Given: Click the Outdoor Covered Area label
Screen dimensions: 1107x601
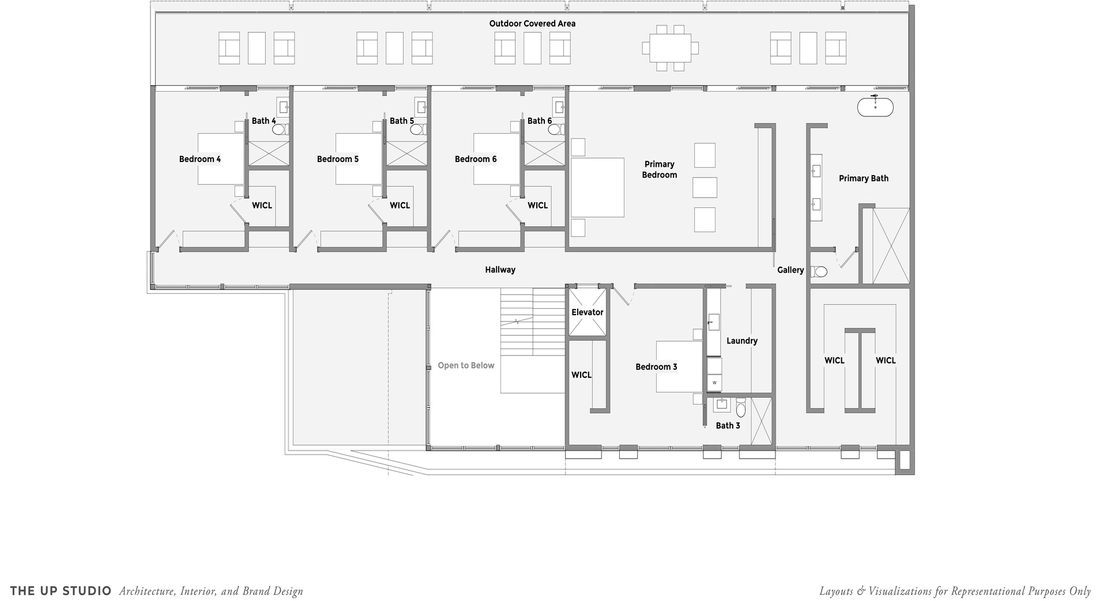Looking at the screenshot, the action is (532, 24).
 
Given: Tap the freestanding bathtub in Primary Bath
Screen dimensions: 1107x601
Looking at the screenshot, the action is (875, 107).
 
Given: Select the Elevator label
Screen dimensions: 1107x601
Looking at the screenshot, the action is (588, 312).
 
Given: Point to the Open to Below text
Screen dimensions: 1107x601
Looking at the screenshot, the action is (466, 365).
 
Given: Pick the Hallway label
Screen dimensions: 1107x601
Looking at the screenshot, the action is (500, 270).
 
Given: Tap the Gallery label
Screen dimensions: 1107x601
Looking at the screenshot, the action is (790, 270).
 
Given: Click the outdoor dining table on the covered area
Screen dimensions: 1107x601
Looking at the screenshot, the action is (670, 48).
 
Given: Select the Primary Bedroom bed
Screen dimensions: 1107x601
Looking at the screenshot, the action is (597, 187).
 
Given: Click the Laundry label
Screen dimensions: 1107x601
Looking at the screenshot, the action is (742, 341).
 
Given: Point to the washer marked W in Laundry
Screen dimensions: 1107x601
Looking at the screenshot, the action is (714, 382).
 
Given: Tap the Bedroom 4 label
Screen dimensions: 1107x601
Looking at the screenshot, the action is (200, 159).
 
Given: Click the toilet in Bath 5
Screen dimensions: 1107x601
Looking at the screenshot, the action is (417, 130).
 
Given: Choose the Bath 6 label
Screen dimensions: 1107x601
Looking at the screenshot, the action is (540, 121).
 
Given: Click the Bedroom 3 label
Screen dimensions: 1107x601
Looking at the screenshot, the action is (656, 366).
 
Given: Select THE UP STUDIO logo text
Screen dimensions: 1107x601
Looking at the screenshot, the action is (61, 591).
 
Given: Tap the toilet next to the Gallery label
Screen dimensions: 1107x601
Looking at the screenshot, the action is (818, 271).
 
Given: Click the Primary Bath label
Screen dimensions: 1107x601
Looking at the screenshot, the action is (864, 179).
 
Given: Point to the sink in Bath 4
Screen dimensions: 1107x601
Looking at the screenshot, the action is (284, 107).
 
